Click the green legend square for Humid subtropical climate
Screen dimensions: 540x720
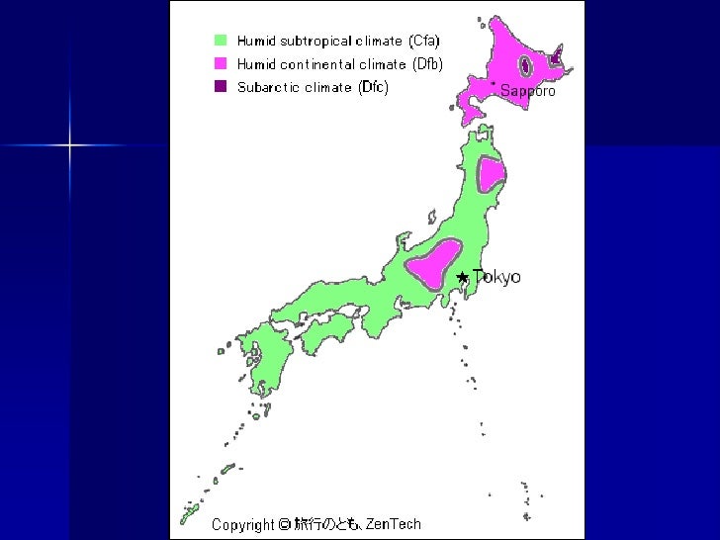click(x=221, y=41)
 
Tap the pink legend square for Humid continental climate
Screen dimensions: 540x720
click(x=221, y=63)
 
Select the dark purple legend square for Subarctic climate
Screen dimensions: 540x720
click(x=221, y=87)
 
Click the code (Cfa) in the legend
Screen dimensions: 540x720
click(x=423, y=41)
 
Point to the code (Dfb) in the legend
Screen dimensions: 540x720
click(x=426, y=64)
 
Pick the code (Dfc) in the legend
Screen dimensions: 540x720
click(x=373, y=87)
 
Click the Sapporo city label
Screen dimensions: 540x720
click(x=528, y=91)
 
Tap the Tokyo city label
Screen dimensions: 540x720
click(x=496, y=277)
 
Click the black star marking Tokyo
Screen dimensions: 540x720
click(x=462, y=278)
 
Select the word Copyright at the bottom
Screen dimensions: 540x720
click(x=242, y=524)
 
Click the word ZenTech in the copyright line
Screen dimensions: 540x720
click(x=393, y=524)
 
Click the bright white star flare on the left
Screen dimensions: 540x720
click(x=70, y=145)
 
